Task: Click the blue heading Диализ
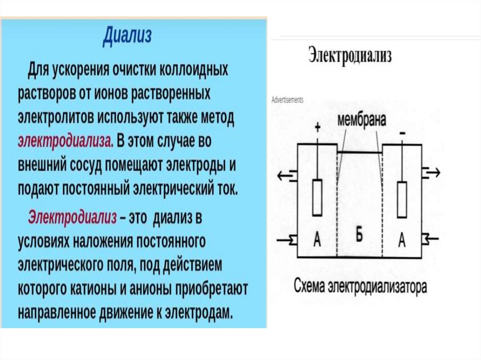[x=127, y=36]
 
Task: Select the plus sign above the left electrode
[x=318, y=127]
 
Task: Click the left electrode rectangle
[x=318, y=198]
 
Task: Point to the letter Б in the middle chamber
[x=359, y=236]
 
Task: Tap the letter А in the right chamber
[x=402, y=241]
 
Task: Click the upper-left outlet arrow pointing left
[x=287, y=175]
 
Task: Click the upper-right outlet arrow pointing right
[x=432, y=173]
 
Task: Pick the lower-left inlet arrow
[x=286, y=240]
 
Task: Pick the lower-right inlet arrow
[x=431, y=239]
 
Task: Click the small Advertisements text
[x=287, y=100]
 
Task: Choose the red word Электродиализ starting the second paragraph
[x=72, y=217]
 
